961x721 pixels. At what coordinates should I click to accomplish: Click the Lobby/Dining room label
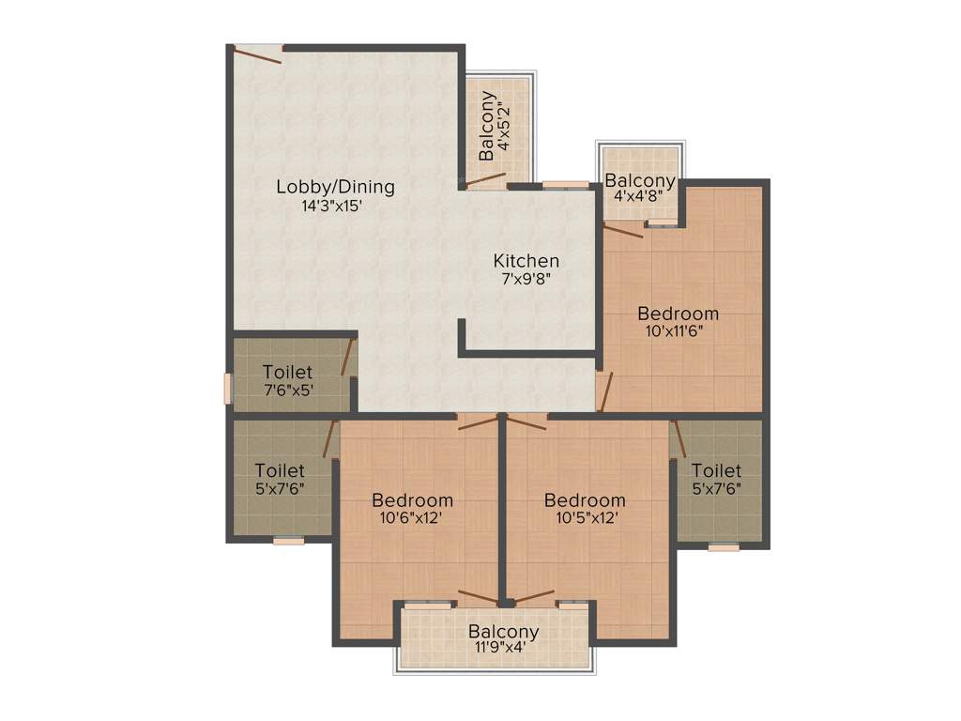(x=335, y=186)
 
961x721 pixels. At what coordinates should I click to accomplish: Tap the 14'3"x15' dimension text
(x=331, y=207)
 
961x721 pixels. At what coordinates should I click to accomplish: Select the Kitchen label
(x=526, y=260)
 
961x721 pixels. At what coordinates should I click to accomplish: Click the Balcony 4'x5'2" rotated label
(x=487, y=126)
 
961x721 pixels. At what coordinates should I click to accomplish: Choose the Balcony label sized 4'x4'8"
(x=640, y=181)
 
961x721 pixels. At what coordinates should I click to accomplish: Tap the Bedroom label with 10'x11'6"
(x=678, y=313)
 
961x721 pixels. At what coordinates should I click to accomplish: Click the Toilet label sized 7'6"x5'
(x=288, y=372)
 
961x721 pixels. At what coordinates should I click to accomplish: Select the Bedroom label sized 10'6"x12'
(x=412, y=499)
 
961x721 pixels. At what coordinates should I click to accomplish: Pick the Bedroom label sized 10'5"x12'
(x=585, y=499)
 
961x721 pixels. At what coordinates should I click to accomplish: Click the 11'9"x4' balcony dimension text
(x=505, y=648)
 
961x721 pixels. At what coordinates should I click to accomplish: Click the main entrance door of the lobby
(x=255, y=54)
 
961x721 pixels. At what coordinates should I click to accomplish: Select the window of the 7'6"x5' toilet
(x=227, y=388)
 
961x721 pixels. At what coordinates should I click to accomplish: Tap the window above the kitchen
(x=566, y=185)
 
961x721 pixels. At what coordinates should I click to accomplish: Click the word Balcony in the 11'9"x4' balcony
(x=504, y=632)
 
